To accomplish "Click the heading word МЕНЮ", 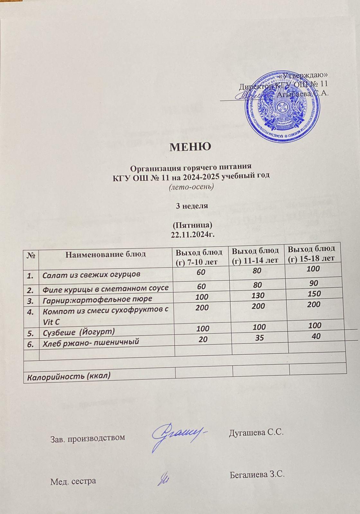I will click(x=190, y=146).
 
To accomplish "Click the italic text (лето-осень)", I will click(x=192, y=187).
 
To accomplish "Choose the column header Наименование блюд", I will click(x=106, y=254).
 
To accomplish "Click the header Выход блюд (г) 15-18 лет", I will click(x=311, y=253).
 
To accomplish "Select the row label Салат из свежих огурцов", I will click(x=91, y=275).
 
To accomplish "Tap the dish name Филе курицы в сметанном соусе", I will click(x=106, y=288).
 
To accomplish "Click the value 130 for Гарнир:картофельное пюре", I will click(x=258, y=295).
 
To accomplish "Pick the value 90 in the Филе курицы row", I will click(x=314, y=283).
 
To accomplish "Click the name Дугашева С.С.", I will click(x=256, y=432).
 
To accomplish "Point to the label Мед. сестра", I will click(x=73, y=481).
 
